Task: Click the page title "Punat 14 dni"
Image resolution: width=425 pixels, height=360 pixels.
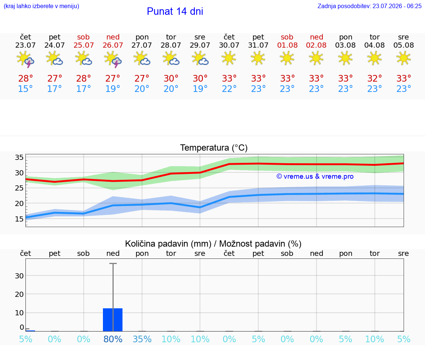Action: pos(175,11)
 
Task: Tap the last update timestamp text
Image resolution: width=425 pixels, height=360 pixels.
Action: pos(369,6)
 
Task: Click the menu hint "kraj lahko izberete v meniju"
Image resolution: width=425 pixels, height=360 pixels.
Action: pos(41,6)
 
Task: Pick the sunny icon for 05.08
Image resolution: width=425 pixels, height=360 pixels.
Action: pos(404,58)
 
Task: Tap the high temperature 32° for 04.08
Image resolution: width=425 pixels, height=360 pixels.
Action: pos(374,78)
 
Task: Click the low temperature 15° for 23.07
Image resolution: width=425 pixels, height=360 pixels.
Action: pos(25,89)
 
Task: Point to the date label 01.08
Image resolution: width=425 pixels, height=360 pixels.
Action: pos(287,45)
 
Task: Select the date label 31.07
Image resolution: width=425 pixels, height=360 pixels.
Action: pos(258,45)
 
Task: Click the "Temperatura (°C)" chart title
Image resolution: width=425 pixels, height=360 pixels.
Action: pos(214,148)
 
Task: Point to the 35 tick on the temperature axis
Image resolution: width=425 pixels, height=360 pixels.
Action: pos(19,157)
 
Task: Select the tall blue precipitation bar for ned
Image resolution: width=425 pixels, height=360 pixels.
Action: pos(113,320)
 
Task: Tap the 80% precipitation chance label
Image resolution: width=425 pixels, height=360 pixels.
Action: pos(113,339)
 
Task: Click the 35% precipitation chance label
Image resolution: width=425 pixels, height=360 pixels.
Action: pos(142,339)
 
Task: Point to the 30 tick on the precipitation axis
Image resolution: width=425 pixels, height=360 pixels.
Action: pos(19,275)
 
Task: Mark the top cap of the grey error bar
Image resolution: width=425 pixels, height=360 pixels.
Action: pos(113,263)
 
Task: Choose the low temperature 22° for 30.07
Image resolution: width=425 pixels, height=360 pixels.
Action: pos(229,89)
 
